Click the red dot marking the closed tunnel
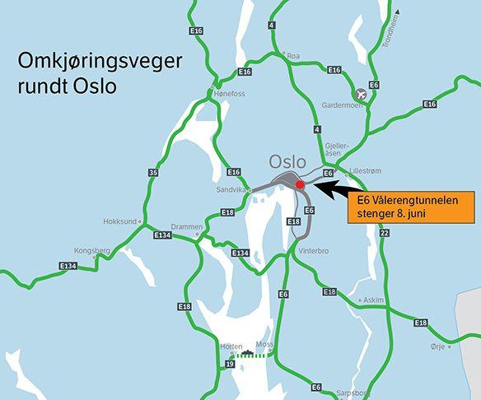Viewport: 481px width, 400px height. (300, 186)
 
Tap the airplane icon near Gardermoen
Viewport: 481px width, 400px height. (358, 95)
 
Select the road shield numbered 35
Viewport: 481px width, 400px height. (153, 172)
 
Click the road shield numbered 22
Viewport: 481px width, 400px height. (384, 233)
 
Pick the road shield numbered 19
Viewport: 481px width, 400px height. (228, 363)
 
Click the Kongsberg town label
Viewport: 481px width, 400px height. (91, 249)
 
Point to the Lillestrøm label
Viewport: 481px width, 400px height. (367, 171)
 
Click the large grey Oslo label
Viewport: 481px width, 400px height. (287, 161)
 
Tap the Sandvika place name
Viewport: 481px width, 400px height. (231, 188)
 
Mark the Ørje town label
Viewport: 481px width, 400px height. (437, 347)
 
